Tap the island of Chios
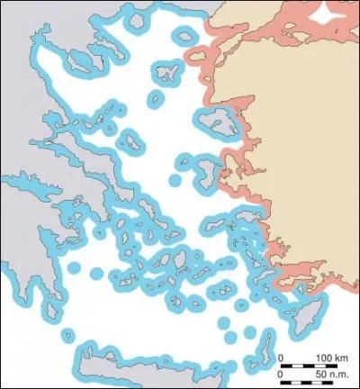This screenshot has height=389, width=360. coord(202,170)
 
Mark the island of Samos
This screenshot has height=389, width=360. coord(244,217)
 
